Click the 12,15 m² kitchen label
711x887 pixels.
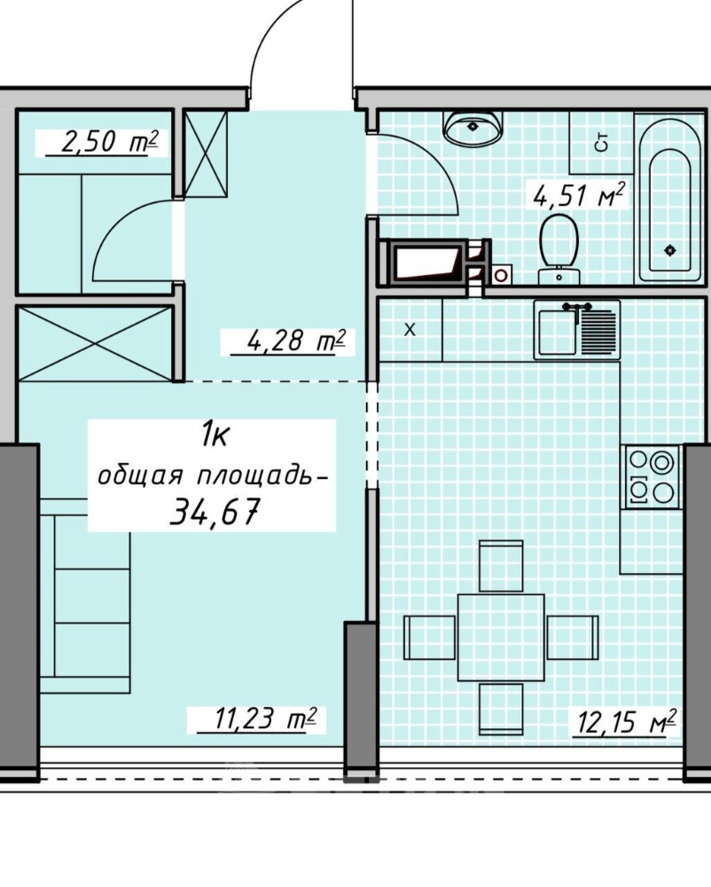point(624,722)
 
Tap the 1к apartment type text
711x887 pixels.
point(215,436)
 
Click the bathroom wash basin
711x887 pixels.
point(473,127)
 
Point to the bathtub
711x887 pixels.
point(669,198)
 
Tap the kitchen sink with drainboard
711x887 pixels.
point(577,330)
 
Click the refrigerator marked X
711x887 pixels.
point(410,330)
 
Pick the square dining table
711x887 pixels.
point(501,637)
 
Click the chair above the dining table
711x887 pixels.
point(501,566)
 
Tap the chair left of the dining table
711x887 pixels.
point(430,638)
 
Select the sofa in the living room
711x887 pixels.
point(85,596)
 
